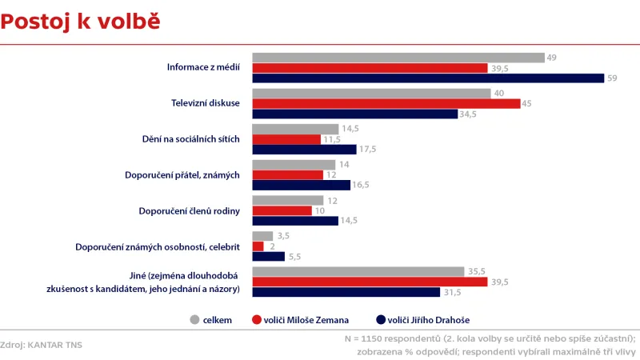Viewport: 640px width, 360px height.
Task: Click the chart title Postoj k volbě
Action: pyautogui.click(x=80, y=22)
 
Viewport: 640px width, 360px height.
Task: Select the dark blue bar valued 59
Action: pyautogui.click(x=428, y=78)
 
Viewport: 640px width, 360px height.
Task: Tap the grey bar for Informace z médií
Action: pyautogui.click(x=398, y=58)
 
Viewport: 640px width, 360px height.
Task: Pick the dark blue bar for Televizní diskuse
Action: pyautogui.click(x=354, y=114)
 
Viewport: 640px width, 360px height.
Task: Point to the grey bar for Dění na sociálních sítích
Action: pyautogui.click(x=295, y=129)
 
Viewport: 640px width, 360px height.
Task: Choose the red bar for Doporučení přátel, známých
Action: pyautogui.click(x=288, y=174)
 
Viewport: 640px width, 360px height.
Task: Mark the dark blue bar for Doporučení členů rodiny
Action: pyautogui.click(x=295, y=221)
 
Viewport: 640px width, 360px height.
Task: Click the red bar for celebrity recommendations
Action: pyautogui.click(x=258, y=246)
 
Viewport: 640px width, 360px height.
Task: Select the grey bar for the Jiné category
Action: pyautogui.click(x=358, y=271)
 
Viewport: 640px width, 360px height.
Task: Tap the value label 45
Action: pyautogui.click(x=527, y=103)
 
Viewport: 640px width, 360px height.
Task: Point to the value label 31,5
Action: pyautogui.click(x=454, y=292)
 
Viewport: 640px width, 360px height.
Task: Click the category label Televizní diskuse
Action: pyautogui.click(x=206, y=104)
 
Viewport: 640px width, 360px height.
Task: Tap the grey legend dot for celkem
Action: pyautogui.click(x=194, y=320)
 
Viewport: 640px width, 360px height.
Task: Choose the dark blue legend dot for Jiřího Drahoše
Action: pyautogui.click(x=381, y=320)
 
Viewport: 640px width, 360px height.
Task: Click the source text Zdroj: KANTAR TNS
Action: pyautogui.click(x=42, y=345)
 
